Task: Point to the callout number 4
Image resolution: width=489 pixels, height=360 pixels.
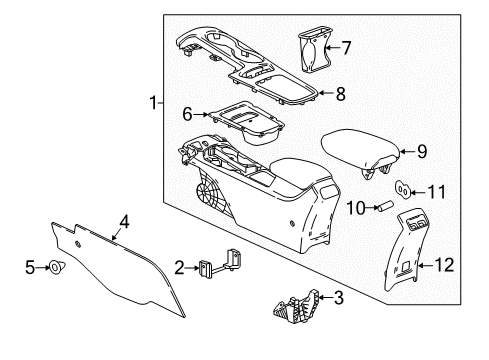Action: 123,221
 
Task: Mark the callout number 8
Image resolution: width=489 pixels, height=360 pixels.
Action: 341,94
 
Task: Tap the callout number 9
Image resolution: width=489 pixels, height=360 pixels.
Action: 422,152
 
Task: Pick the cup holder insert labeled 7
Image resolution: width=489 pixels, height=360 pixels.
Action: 315,49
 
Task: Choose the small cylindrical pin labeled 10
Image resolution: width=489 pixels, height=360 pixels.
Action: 380,206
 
